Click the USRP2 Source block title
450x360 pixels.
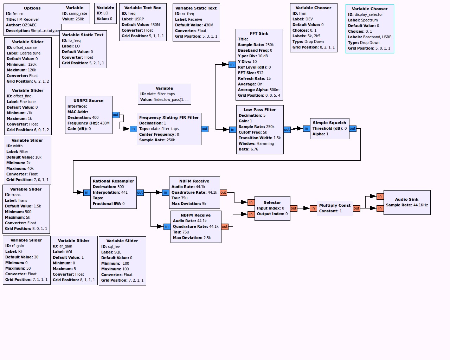point(88,101)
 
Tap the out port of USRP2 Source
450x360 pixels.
point(116,115)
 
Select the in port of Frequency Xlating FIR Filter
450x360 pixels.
point(133,129)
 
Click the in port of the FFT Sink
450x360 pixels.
point(232,65)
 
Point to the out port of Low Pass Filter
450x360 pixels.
point(287,130)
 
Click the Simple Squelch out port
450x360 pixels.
point(353,129)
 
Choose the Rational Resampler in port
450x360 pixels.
point(86,193)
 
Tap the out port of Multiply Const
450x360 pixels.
point(356,208)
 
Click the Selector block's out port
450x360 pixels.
point(294,208)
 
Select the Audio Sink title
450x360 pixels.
point(407,199)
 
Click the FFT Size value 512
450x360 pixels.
point(260,73)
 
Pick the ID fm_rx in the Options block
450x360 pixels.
point(18,14)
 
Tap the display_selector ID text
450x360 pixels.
point(369,14)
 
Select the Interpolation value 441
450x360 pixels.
point(124,192)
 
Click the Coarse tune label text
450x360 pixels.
point(30,53)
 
